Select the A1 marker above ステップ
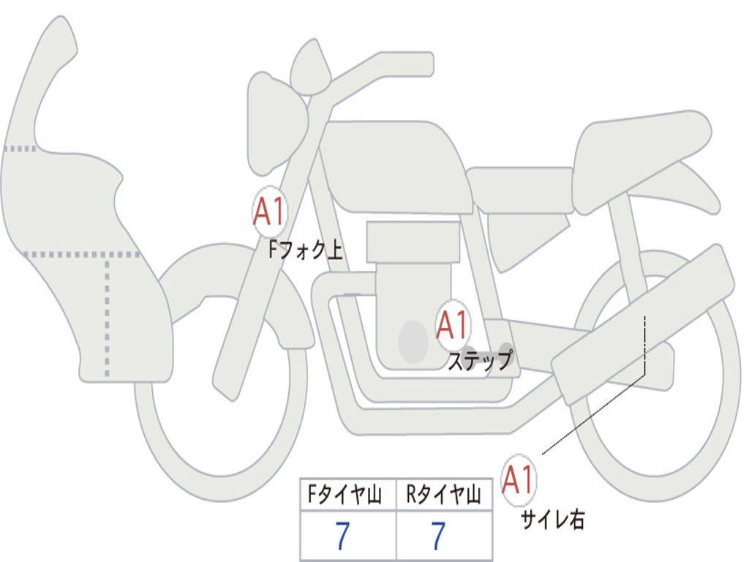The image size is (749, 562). point(453,325)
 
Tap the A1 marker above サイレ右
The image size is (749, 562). point(519,480)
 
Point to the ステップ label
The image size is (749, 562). point(480,361)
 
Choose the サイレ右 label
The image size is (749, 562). point(553,519)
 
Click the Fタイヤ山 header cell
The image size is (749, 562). point(347,496)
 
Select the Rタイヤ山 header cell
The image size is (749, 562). point(443,496)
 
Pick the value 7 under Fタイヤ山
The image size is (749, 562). point(342,536)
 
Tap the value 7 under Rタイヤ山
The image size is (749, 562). point(438,536)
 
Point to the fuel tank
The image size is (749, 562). point(395,165)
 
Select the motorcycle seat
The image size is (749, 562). point(636,150)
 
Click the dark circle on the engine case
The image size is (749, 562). point(413,341)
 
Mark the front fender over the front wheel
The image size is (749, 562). point(219,278)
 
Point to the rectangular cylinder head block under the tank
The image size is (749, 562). point(413,241)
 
